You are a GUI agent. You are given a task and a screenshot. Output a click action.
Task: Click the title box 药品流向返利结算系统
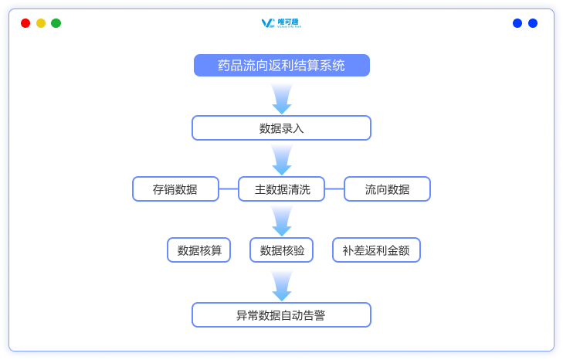[281, 66]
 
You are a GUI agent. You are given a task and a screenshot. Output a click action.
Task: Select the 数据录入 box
[281, 128]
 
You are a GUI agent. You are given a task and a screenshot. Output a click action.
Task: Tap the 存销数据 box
[175, 189]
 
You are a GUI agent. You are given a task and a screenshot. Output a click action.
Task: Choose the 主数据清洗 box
[281, 189]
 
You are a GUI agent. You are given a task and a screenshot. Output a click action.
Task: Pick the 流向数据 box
[387, 189]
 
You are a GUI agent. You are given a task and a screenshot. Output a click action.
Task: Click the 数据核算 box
[199, 250]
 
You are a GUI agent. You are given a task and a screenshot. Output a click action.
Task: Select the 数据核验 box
[282, 250]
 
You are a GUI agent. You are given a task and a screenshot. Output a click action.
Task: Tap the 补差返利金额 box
[376, 250]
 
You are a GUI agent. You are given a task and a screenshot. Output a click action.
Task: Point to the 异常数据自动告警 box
[281, 315]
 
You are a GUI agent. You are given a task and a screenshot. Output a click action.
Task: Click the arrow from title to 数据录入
[281, 97]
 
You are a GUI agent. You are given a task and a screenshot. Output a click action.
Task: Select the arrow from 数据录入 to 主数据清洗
[281, 159]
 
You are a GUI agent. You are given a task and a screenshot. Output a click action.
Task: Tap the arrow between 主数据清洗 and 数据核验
[281, 220]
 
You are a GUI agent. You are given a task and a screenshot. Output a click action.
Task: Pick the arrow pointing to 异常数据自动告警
[281, 284]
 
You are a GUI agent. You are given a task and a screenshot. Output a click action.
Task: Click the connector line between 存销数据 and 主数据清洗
[228, 189]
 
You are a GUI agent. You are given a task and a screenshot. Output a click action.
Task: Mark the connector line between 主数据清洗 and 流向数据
[334, 189]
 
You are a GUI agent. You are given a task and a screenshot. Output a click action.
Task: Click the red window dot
[25, 23]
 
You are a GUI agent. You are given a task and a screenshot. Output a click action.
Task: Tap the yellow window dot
[41, 23]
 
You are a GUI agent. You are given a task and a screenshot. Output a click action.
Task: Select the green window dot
[56, 23]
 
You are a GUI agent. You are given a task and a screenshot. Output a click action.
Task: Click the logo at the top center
[281, 23]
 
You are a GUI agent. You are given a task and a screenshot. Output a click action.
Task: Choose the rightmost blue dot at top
[533, 23]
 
